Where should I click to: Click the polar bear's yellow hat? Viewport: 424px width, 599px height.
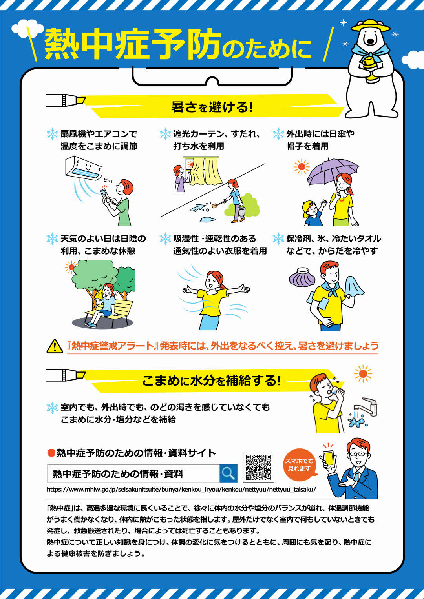point(370,25)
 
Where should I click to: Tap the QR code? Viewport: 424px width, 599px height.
point(258,467)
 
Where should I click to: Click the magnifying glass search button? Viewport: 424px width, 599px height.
point(228,473)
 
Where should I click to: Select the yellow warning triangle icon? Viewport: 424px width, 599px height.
point(55,346)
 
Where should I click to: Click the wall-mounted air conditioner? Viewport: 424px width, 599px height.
point(83,167)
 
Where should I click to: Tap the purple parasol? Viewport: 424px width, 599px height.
point(332,171)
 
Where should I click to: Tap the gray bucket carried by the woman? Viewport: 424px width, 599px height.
point(241,212)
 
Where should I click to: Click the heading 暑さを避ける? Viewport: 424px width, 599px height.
point(212,107)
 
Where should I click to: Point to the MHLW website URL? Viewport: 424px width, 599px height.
point(181,489)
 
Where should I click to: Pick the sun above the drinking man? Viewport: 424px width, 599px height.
point(363,374)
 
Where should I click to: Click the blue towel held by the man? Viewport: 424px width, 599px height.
point(354,287)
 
